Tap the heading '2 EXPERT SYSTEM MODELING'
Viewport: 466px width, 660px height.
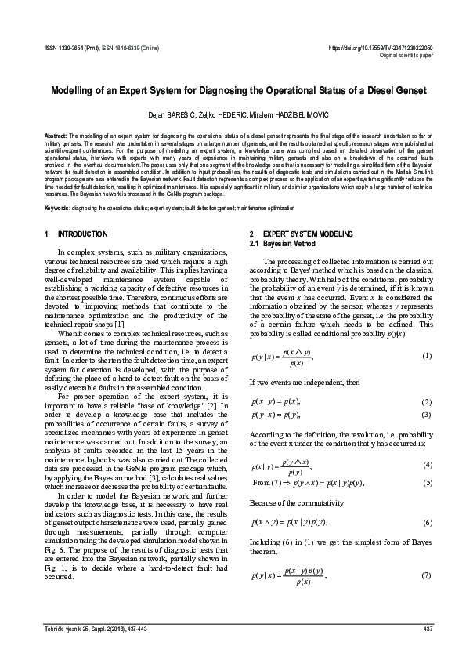302,234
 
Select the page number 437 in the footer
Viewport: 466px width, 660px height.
427,629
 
